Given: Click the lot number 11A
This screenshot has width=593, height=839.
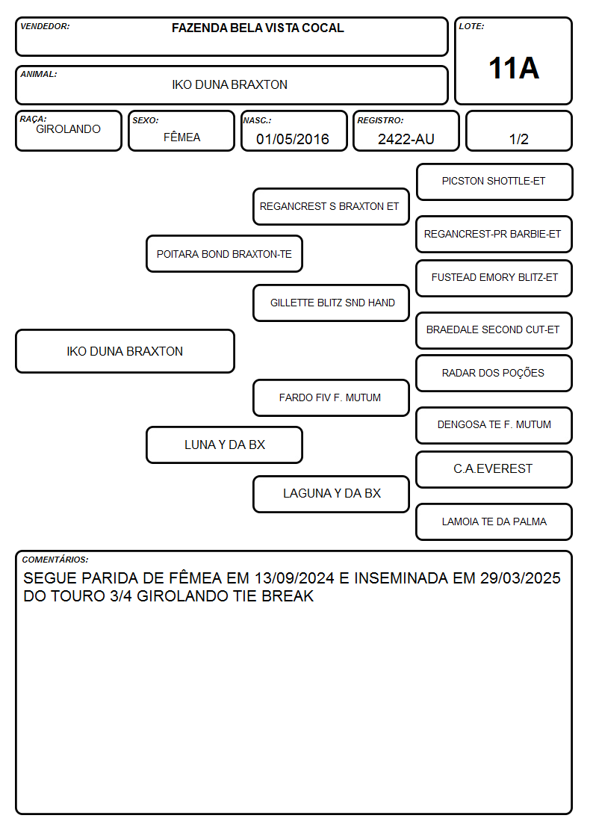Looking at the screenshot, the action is [x=514, y=69].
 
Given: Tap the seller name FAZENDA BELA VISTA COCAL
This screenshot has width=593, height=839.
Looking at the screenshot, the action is [x=258, y=28].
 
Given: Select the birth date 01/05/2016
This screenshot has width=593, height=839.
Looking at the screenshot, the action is [x=293, y=139].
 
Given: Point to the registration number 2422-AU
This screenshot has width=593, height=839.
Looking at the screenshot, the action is [x=406, y=139].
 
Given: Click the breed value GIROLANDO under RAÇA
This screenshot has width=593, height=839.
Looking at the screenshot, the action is [x=69, y=129].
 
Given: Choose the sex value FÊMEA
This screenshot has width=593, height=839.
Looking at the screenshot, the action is [x=181, y=137].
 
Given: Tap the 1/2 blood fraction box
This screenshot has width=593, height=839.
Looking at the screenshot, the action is [x=518, y=131].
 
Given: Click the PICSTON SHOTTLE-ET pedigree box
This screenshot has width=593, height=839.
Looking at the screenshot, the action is [x=494, y=182].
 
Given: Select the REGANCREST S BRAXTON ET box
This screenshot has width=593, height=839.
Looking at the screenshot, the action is [x=331, y=206].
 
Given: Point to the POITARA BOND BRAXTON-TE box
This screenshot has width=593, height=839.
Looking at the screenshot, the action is [x=224, y=253].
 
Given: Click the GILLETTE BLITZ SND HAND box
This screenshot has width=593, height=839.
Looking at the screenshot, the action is [x=331, y=303].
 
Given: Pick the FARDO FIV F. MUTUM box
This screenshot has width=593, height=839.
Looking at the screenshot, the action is [x=331, y=397].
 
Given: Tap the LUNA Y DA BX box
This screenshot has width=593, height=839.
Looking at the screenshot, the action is [x=224, y=445].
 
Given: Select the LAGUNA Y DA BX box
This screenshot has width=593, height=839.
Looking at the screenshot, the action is [x=331, y=494].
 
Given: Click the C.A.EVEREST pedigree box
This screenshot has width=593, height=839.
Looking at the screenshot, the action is [x=494, y=469].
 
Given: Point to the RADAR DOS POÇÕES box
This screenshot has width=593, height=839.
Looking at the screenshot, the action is [x=494, y=373].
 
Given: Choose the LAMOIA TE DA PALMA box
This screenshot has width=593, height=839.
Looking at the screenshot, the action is [x=494, y=521].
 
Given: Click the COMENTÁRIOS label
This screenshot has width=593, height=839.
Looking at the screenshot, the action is [x=55, y=560].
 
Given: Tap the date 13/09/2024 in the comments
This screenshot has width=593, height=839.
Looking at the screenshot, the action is [x=294, y=578].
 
